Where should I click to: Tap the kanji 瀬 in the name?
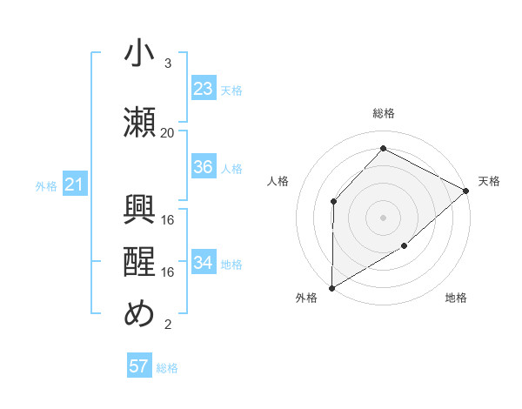(139, 123)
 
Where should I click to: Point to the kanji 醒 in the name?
(139, 262)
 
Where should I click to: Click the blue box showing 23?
(203, 89)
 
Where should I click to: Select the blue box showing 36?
(203, 167)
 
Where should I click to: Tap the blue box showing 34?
(203, 263)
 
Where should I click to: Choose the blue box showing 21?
(74, 184)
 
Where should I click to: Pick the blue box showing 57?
(139, 366)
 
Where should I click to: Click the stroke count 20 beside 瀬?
(168, 133)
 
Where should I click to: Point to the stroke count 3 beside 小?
(168, 64)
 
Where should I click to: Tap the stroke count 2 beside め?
(168, 325)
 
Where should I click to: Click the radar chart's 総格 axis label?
(384, 114)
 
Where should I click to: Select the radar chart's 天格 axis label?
(489, 181)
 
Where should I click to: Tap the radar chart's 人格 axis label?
(278, 181)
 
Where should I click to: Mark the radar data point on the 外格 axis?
(331, 288)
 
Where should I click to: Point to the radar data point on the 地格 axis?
(405, 246)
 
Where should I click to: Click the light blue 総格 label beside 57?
(167, 368)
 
